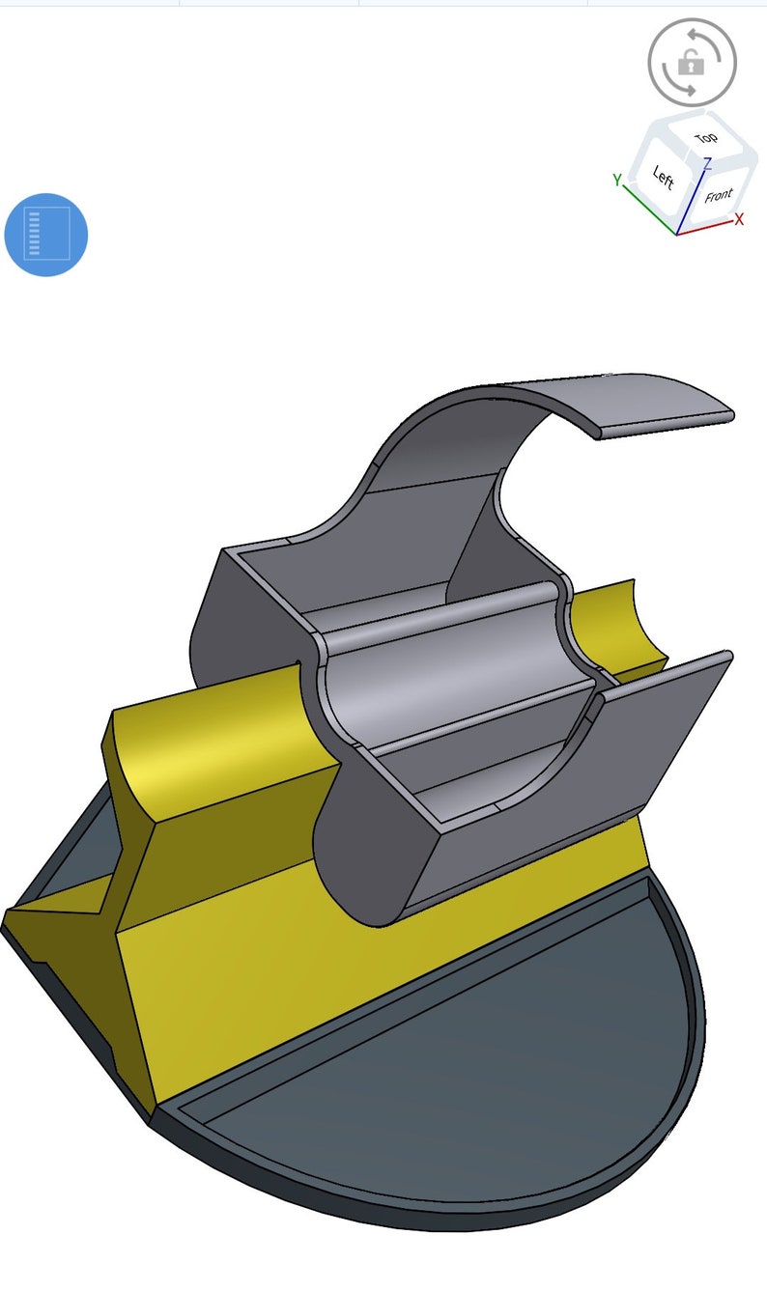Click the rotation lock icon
(x=692, y=63)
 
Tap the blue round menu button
(x=46, y=235)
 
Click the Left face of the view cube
(x=663, y=177)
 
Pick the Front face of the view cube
(x=718, y=196)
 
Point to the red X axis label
(x=740, y=220)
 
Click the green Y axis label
(x=616, y=180)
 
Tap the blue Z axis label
(x=707, y=163)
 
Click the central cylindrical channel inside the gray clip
(x=454, y=676)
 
